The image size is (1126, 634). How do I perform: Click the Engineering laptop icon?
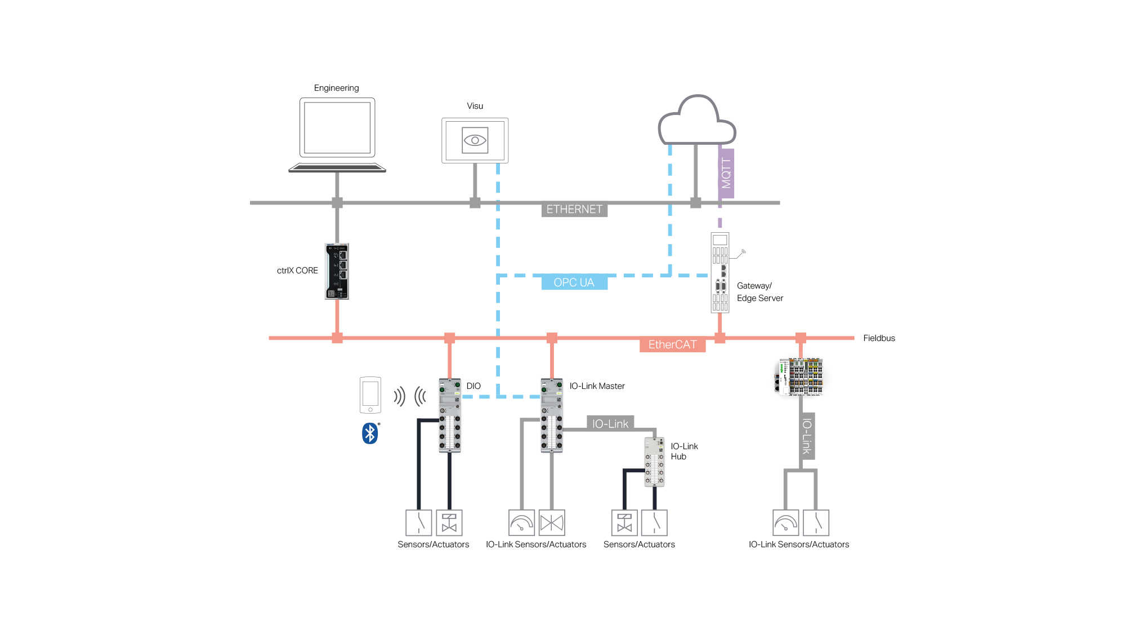tap(337, 135)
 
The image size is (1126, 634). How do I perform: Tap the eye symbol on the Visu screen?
tap(475, 140)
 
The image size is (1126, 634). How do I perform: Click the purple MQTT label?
tap(726, 174)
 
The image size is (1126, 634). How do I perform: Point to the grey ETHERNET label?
tap(574, 210)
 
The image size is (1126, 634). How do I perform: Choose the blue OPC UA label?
tap(574, 282)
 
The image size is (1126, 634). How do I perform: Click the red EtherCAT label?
tap(673, 345)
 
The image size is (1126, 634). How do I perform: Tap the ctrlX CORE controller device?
tap(337, 271)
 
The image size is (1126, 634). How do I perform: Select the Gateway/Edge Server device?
tap(720, 273)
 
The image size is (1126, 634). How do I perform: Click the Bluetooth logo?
tap(370, 433)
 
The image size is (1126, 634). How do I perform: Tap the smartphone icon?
tap(370, 395)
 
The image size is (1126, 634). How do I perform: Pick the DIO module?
tap(450, 415)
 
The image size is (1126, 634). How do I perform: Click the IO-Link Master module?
tap(552, 415)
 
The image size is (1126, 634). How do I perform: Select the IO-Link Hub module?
tap(654, 462)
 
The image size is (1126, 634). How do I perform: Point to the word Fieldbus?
tap(879, 338)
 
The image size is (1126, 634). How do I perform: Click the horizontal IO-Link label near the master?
tap(610, 424)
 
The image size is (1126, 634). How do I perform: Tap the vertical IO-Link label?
tap(807, 436)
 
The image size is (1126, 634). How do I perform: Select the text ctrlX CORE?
tap(297, 271)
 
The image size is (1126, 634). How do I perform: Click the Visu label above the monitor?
tap(475, 106)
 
